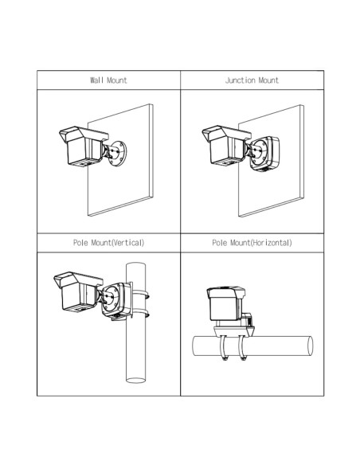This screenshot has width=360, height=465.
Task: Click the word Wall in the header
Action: [x=96, y=80]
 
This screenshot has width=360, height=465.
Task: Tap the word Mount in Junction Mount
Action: [x=268, y=80]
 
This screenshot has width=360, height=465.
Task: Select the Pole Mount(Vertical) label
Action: [x=109, y=242]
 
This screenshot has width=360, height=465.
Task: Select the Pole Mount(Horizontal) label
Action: [x=252, y=242]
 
